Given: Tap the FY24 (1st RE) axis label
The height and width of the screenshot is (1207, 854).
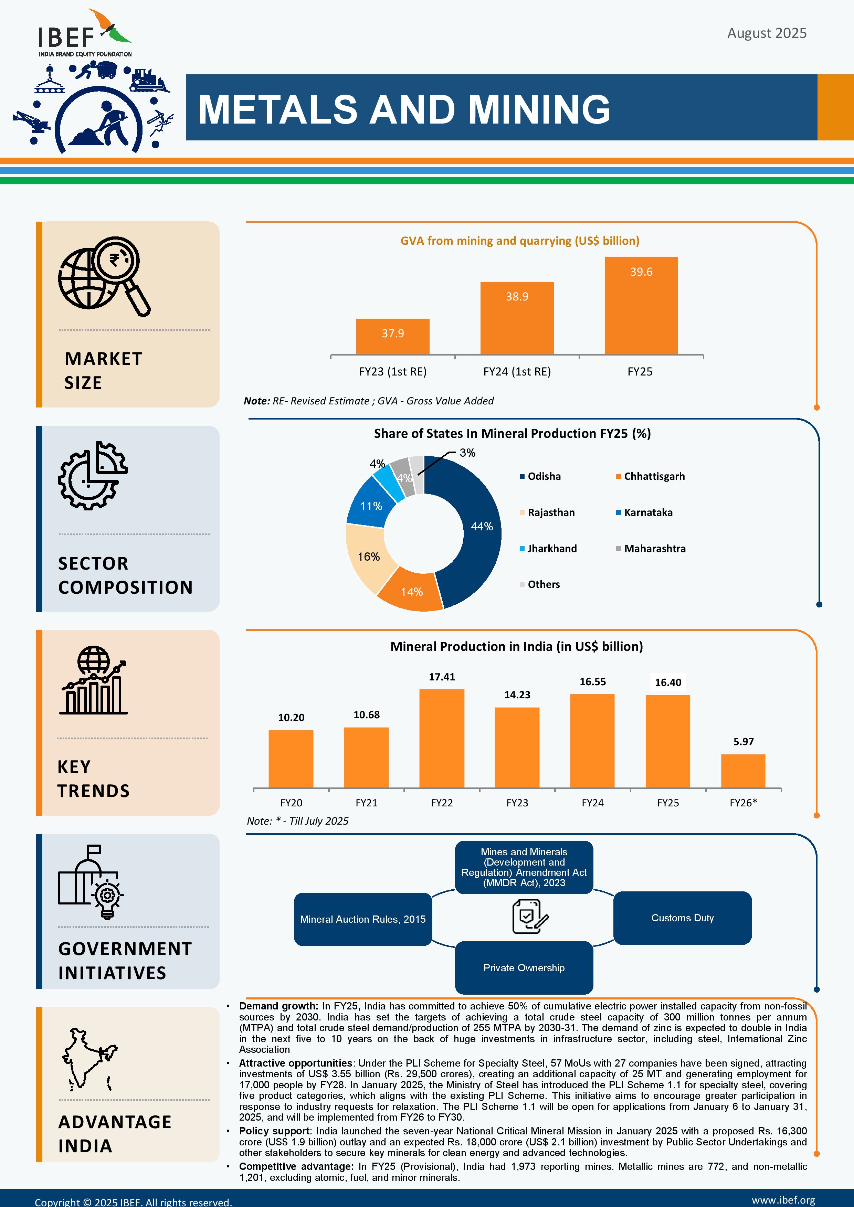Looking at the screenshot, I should point(517,372).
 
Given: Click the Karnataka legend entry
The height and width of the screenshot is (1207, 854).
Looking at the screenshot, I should point(647,512).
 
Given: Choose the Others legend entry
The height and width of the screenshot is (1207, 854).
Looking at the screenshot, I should point(543,585).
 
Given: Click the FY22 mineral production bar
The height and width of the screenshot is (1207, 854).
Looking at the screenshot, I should point(442,738).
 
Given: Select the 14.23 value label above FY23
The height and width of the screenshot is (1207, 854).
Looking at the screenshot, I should point(517,695).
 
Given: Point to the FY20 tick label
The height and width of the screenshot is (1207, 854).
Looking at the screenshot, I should point(291,803).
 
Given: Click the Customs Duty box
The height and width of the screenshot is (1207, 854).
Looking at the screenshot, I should point(682,918).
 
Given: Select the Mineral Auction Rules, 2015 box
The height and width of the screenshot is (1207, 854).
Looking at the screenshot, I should point(363,919).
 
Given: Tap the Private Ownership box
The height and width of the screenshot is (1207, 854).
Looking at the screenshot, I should point(524,968).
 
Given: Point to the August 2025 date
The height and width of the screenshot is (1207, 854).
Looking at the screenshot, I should point(766,33).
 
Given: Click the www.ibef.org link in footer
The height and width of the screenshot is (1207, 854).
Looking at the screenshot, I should point(783,1200).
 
